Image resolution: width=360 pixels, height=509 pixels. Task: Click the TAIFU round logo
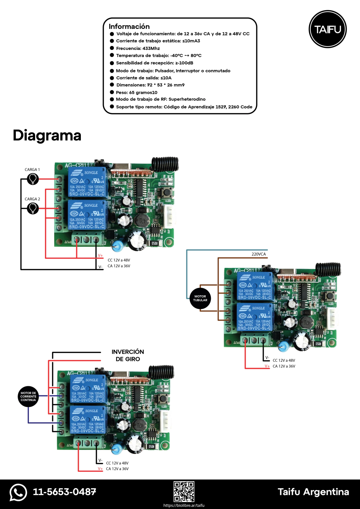click(328, 29)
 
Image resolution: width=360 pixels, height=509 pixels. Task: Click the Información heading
click(129, 26)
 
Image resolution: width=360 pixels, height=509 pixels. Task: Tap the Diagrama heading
click(47, 135)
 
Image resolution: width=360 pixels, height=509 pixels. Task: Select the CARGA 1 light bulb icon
click(33, 179)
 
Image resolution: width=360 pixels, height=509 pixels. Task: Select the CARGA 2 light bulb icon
click(33, 208)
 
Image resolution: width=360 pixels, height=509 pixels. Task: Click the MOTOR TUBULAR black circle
click(200, 298)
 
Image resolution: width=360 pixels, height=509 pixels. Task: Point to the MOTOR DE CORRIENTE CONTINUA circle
click(28, 397)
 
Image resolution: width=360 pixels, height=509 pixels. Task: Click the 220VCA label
click(258, 254)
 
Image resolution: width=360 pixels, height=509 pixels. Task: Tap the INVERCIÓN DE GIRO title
click(128, 355)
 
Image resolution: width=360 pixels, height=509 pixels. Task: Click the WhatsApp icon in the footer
click(18, 492)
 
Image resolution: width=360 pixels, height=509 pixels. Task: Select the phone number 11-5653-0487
click(64, 492)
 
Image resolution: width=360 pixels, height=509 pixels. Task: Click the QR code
click(184, 491)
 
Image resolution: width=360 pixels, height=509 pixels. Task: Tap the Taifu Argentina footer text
click(313, 492)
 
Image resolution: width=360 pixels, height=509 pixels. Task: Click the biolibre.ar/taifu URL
click(184, 505)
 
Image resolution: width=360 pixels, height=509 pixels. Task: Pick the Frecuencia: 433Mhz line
click(138, 49)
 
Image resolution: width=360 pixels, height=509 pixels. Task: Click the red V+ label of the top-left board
click(101, 256)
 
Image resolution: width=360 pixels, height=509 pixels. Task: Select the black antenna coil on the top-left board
click(165, 164)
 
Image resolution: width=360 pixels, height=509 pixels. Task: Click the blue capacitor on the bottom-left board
click(116, 449)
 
